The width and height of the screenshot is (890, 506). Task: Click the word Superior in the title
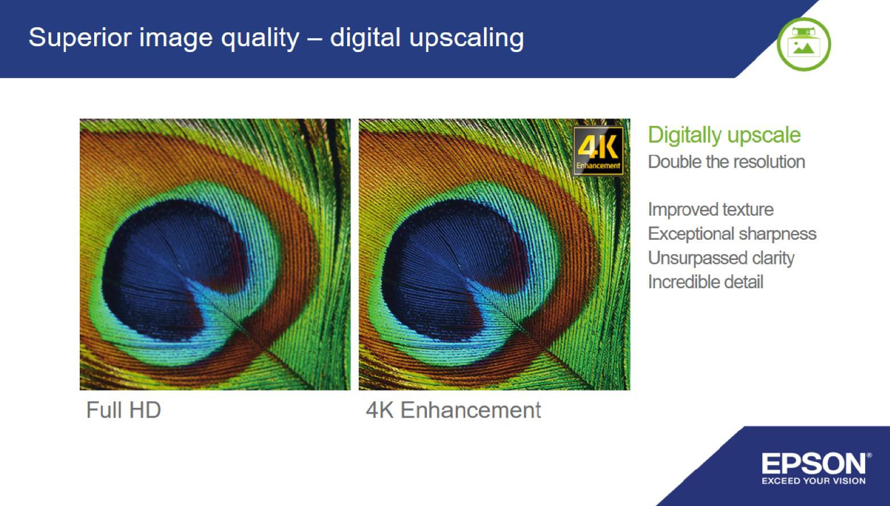tap(80, 38)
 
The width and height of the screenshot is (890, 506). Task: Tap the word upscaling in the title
tap(467, 39)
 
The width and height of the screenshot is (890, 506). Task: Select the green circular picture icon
tap(803, 44)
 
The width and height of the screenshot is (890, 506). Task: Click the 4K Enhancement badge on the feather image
tap(598, 151)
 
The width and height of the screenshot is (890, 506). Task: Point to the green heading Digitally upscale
tap(724, 135)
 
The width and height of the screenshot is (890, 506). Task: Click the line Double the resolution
tap(727, 162)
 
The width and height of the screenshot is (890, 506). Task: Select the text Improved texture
tap(711, 210)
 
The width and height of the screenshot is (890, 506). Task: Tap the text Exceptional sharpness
tap(732, 234)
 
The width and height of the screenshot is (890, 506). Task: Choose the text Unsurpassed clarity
tap(721, 258)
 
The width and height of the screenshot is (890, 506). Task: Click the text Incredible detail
tap(706, 282)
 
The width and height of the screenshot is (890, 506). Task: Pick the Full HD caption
tap(124, 410)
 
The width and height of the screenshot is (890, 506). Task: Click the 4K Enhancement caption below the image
tap(453, 410)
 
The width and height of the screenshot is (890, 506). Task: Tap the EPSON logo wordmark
tap(813, 463)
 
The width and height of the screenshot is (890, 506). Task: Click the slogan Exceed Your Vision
tap(814, 481)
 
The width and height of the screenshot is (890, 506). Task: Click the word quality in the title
tap(260, 39)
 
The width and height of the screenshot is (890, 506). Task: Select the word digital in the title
tap(365, 38)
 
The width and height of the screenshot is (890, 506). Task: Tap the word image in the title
tap(176, 39)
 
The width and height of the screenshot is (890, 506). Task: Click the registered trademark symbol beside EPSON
tap(869, 455)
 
